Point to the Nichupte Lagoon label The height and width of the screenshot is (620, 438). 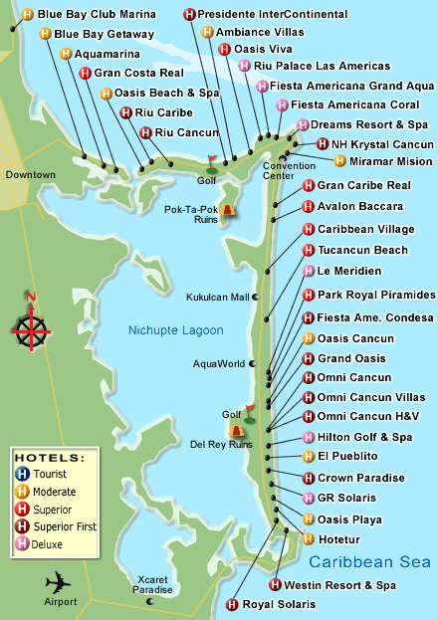(175, 329)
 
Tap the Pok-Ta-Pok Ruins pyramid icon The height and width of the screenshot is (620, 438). (229, 209)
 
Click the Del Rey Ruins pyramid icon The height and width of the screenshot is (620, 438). (236, 430)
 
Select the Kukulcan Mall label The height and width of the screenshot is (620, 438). (219, 297)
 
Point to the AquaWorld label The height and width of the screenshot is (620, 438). (219, 363)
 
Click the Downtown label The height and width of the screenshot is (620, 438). (30, 175)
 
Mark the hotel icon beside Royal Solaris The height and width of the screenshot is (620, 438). (232, 604)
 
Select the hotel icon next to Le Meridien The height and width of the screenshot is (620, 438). (309, 271)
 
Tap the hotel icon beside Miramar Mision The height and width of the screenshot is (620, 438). (340, 160)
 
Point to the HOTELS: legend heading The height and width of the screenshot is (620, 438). (50, 458)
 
